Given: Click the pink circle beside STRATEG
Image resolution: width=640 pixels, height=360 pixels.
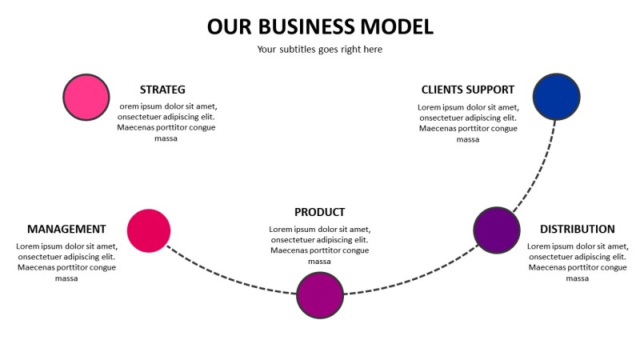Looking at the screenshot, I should click(x=86, y=97).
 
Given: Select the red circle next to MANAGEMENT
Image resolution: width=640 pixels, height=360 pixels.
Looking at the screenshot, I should click(x=149, y=230).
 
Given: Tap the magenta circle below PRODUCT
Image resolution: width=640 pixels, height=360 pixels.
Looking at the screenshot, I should click(x=320, y=294).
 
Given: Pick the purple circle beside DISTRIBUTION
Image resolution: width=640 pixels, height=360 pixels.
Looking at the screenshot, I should click(x=498, y=230).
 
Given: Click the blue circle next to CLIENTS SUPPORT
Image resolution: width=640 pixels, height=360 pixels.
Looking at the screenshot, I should click(x=556, y=97).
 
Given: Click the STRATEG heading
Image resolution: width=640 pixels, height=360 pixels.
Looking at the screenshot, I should click(x=162, y=90).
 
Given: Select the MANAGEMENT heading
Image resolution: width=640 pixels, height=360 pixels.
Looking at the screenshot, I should click(x=66, y=229).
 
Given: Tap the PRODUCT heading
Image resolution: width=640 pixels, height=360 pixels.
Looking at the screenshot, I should click(x=319, y=212).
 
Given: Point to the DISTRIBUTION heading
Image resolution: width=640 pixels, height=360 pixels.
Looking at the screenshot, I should click(x=577, y=229).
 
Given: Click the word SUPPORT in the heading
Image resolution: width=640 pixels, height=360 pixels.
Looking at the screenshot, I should click(x=492, y=90).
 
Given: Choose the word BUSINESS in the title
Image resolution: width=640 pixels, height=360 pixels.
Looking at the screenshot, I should click(x=318, y=26).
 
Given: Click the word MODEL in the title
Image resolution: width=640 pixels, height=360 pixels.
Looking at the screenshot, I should click(x=398, y=26).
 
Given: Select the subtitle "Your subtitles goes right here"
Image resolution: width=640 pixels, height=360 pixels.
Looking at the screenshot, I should click(x=319, y=50).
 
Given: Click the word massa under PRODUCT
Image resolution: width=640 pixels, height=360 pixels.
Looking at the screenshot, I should click(x=319, y=262).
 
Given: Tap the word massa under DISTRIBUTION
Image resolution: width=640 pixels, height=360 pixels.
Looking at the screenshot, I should click(x=577, y=278).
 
